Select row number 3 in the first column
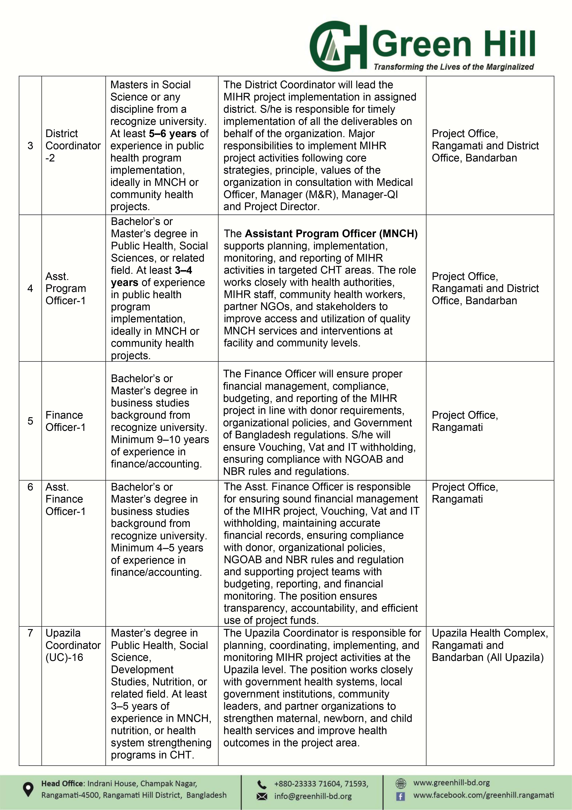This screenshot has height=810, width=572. click(30, 146)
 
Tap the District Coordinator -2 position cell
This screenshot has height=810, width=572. click(73, 146)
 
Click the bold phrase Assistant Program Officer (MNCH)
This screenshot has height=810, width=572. click(331, 234)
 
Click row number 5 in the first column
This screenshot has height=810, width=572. click(30, 421)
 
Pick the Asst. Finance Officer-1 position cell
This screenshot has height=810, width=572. click(66, 499)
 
